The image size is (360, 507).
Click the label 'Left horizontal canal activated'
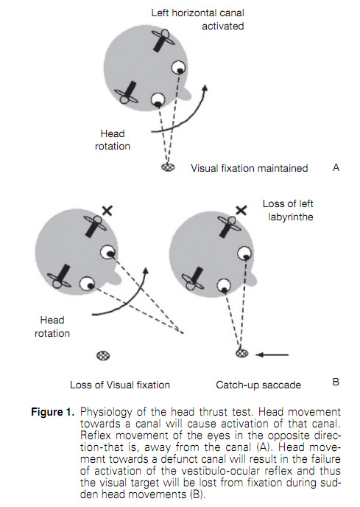[197, 19]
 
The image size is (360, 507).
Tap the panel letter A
[336, 167]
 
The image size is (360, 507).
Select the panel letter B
[336, 382]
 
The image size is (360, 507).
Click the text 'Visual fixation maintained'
[249, 168]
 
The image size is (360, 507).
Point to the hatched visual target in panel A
[168, 167]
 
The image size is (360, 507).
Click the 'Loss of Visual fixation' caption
[120, 385]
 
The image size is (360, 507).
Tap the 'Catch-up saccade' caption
[258, 385]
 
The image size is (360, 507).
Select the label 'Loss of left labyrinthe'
[288, 210]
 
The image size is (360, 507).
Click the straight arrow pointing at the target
[272, 354]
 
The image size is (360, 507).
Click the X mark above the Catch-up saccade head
[241, 211]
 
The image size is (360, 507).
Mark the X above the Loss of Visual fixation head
[107, 211]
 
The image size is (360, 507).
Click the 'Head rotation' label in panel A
[113, 140]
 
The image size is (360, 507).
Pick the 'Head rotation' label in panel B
[52, 326]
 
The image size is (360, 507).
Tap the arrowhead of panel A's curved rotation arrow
[205, 88]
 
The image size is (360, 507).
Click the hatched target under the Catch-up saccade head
[241, 353]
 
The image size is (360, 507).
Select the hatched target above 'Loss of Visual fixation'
[103, 356]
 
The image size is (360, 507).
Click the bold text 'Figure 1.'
[53, 412]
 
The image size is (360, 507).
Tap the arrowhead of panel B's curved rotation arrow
[146, 271]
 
